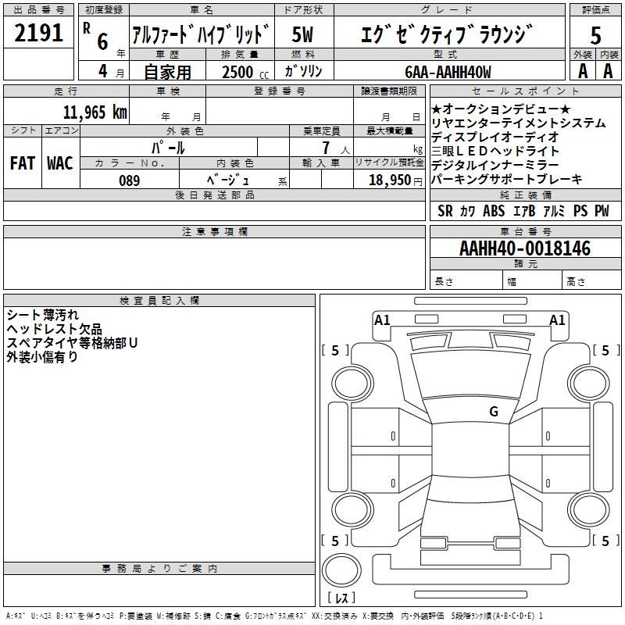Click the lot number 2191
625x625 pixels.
click(40, 33)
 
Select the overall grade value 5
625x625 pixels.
click(596, 35)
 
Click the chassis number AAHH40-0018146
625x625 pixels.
click(525, 249)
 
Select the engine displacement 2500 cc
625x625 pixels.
click(239, 72)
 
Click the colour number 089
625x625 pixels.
click(130, 180)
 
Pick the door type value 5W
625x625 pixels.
click(304, 35)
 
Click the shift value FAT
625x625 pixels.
click(22, 163)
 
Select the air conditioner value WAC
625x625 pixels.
click(59, 163)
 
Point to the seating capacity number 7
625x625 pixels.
click(324, 147)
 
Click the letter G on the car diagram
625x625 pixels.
click(493, 411)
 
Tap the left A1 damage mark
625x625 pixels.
click(382, 319)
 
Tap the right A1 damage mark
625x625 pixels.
click(558, 319)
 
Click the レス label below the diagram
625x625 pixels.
click(341, 598)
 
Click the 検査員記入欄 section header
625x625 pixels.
click(159, 301)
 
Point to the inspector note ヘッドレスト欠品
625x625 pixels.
click(54, 330)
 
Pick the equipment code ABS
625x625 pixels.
click(494, 211)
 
